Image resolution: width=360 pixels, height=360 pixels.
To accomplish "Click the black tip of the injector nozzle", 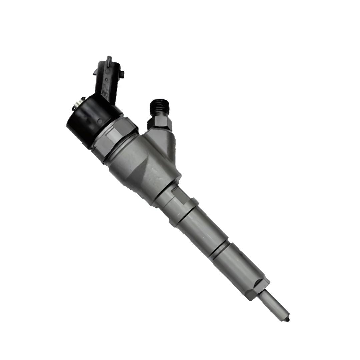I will [288, 320].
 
